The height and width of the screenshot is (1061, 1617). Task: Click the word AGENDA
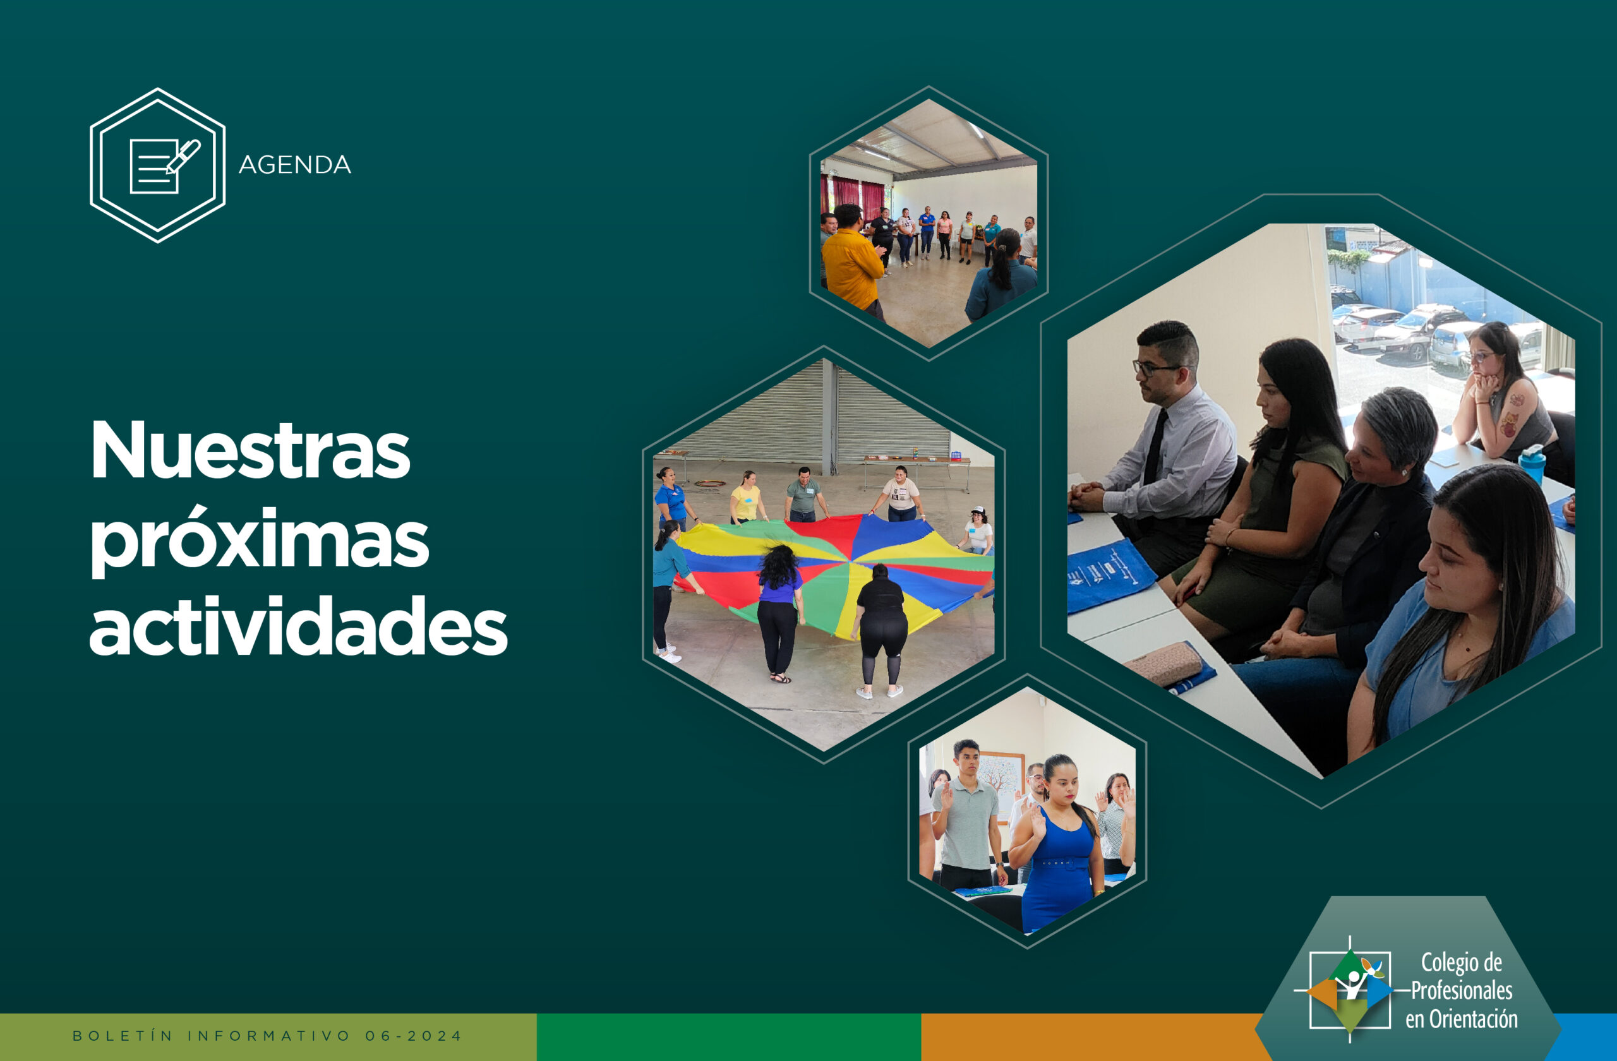294,165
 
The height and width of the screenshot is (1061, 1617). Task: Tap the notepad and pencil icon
164,165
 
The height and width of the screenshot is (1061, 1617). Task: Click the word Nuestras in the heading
250,450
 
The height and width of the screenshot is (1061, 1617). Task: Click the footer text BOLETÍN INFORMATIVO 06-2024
267,1036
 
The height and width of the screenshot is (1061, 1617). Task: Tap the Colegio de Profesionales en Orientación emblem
1349,989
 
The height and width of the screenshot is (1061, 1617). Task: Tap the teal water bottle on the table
1532,464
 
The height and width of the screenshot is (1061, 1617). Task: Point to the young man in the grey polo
966,815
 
